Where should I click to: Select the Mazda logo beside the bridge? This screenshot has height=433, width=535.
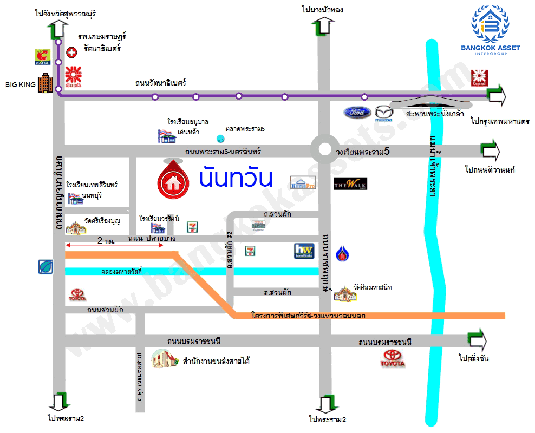[x=384, y=113]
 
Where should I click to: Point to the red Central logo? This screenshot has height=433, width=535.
[x=480, y=78]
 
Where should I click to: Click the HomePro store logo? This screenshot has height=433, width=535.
[x=302, y=183]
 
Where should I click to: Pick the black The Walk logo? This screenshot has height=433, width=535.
[x=350, y=183]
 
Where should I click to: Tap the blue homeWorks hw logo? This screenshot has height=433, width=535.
[x=304, y=251]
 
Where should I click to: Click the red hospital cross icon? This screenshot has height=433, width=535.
[x=71, y=52]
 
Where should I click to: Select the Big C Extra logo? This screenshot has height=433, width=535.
[x=42, y=56]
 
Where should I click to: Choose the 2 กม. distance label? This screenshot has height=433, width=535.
[x=106, y=240]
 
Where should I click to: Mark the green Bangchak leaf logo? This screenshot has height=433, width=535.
[x=45, y=266]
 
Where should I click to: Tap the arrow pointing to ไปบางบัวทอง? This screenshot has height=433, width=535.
[x=324, y=25]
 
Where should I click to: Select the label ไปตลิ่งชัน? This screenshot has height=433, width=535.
[x=473, y=358]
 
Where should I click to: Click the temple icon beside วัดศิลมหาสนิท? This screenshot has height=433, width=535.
[x=344, y=293]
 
